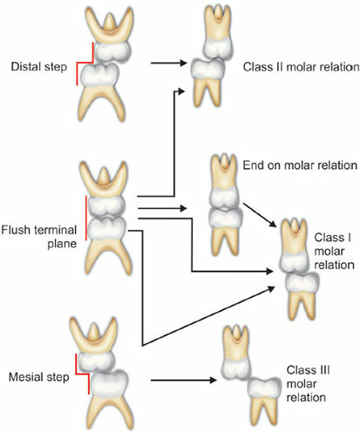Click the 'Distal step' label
tap(39, 67)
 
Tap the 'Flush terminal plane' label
tap(39, 237)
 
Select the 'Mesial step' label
tap(39, 377)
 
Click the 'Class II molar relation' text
tap(301, 67)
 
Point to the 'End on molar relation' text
tap(300, 165)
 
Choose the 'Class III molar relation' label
tap(308, 384)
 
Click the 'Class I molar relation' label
tap(334, 251)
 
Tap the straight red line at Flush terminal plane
tap(86, 218)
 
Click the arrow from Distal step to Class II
tap(168, 63)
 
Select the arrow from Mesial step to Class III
tap(184, 380)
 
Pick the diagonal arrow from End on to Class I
tap(260, 215)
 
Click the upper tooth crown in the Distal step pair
tap(112, 51)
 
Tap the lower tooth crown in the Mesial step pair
tap(109, 383)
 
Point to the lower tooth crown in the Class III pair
tap(264, 388)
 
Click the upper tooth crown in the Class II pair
tap(218, 49)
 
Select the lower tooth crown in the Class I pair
tap(302, 282)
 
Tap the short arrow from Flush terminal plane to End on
tap(162, 208)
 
